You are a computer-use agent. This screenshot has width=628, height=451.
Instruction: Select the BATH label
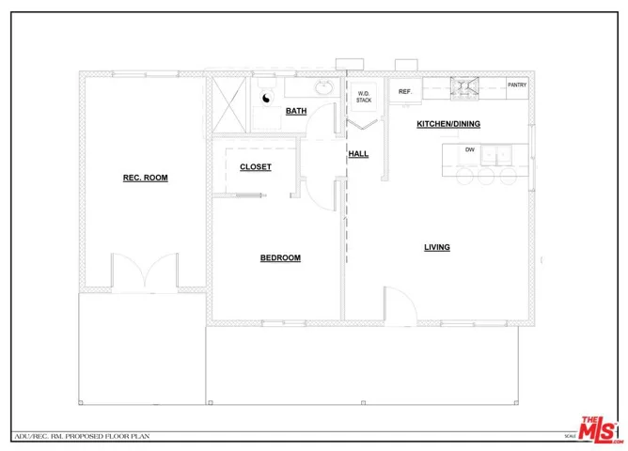[296, 111]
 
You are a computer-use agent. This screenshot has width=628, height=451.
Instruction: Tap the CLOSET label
[256, 167]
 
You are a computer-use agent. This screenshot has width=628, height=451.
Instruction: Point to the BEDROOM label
[280, 257]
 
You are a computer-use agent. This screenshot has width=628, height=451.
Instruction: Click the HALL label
[358, 153]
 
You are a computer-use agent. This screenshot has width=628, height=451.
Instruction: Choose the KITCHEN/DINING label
[449, 124]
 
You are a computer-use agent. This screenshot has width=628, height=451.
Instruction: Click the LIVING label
[437, 247]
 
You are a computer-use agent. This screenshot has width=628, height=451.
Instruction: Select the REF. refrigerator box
[405, 91]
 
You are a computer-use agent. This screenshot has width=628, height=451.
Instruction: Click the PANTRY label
[517, 86]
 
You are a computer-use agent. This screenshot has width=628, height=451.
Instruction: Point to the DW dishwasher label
[469, 149]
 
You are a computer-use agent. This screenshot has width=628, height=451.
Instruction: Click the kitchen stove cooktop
[467, 89]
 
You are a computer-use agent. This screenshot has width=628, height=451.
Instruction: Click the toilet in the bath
[266, 96]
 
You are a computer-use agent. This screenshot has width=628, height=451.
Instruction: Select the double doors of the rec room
[144, 272]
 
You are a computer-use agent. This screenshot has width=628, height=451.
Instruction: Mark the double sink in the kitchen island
[499, 154]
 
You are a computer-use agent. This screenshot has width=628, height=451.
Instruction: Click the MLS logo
[600, 429]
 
